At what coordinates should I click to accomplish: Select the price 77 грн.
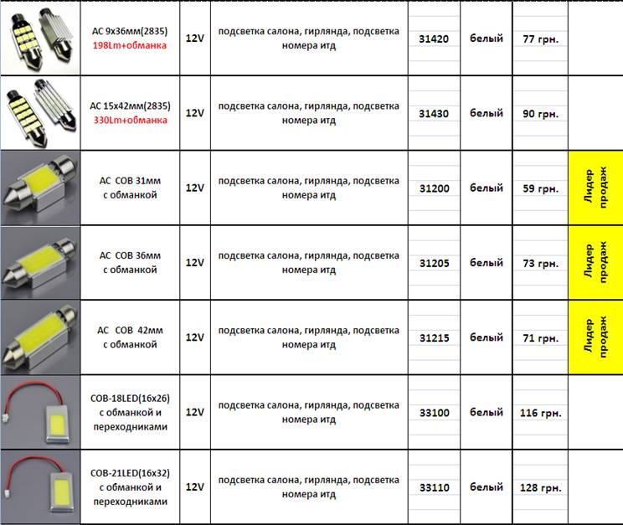point(540,39)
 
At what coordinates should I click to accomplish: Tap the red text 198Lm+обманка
point(130,45)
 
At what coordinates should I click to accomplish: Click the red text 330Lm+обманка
point(130,120)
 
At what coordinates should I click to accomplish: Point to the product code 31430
point(434,113)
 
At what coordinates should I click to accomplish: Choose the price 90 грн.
point(540,113)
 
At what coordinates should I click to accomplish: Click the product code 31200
point(434,188)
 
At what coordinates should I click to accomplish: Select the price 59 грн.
point(540,188)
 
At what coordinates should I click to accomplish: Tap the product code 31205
point(434,263)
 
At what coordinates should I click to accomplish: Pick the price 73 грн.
point(540,263)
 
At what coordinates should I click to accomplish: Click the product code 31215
point(434,337)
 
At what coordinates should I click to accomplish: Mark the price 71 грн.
point(540,337)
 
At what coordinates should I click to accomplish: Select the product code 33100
point(434,413)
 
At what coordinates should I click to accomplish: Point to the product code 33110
point(434,487)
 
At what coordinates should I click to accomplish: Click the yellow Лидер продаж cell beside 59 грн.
point(595,188)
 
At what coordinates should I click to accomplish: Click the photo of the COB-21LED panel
point(40,487)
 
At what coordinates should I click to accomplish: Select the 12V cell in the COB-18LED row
point(194,413)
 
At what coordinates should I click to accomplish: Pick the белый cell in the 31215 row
point(486,337)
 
